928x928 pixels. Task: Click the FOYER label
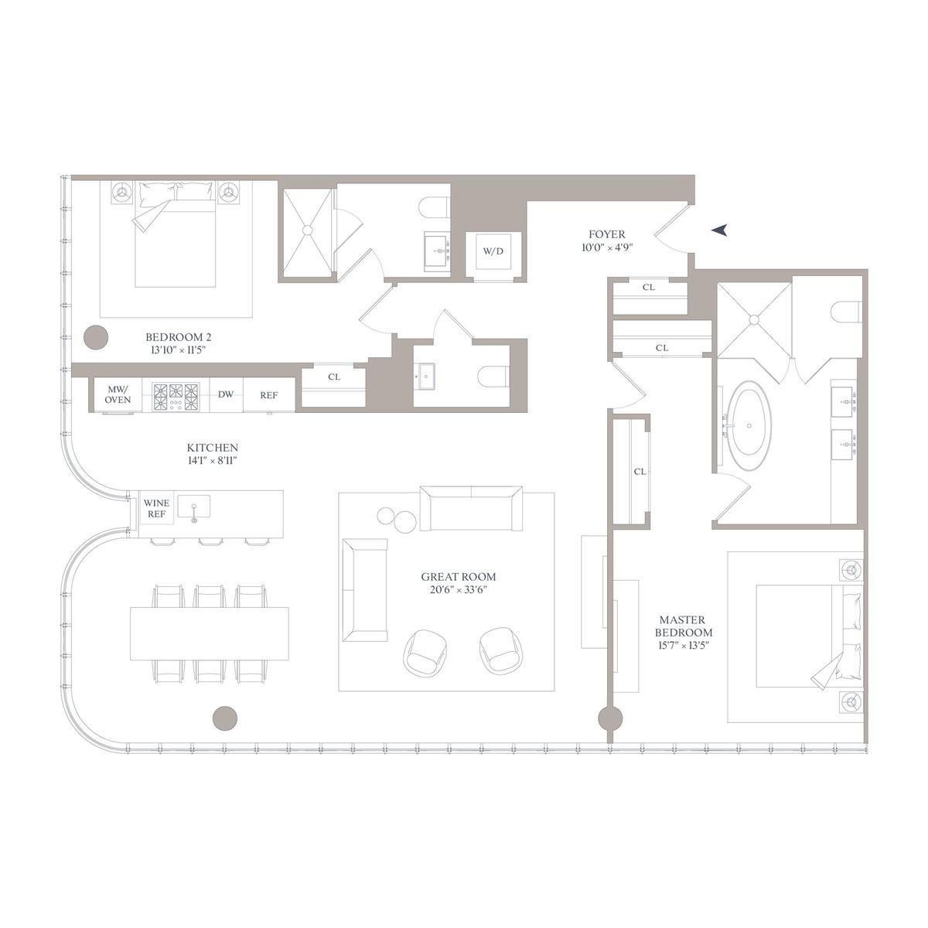click(606, 234)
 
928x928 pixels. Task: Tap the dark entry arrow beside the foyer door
click(721, 229)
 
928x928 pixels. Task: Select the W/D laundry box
click(493, 251)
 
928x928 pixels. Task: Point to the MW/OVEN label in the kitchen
click(118, 394)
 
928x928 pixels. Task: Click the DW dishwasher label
click(225, 394)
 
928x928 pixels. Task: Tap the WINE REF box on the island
click(156, 508)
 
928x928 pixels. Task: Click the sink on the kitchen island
click(193, 507)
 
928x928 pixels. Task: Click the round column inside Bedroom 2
click(96, 336)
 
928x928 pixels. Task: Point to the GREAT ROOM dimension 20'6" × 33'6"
click(459, 590)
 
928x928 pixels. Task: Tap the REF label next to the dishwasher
click(268, 395)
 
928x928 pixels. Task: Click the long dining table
click(210, 633)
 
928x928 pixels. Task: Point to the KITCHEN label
click(212, 448)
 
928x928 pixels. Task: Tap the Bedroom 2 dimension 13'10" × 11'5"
click(178, 350)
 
